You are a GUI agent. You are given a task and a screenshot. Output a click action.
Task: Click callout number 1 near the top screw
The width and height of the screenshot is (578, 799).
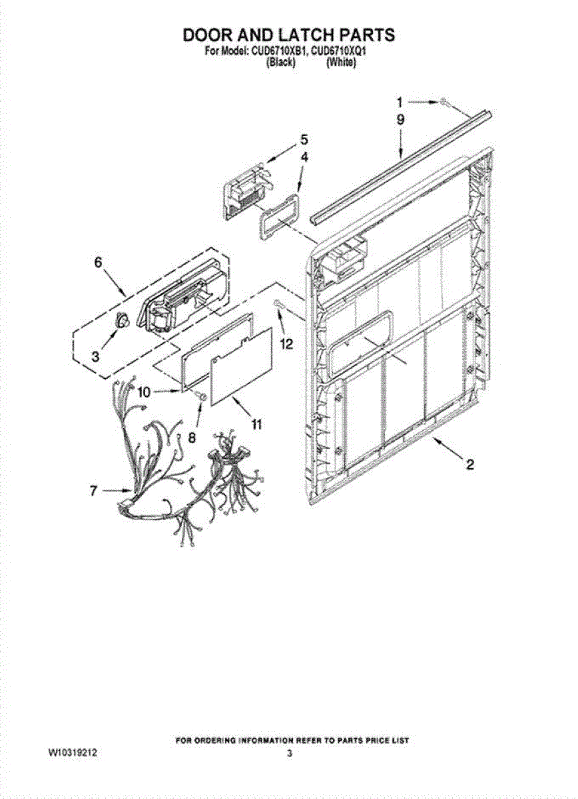point(400,103)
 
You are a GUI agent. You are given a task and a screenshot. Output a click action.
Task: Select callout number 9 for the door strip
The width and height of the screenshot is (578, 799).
point(400,120)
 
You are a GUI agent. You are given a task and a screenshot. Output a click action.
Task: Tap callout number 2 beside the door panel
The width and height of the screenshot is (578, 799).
point(469,465)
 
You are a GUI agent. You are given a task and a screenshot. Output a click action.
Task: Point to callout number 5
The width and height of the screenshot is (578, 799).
point(304,139)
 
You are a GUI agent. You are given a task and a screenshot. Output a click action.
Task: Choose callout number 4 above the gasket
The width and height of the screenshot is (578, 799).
point(304,157)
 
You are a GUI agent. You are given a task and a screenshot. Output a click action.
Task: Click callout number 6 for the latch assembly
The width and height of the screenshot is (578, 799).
point(98,262)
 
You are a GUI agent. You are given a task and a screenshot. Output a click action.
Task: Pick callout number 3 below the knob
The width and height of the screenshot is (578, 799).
point(95,356)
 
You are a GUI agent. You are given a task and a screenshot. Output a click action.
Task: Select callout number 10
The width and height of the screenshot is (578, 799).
point(144,392)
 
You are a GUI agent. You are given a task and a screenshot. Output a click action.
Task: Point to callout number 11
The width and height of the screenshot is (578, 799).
point(256,423)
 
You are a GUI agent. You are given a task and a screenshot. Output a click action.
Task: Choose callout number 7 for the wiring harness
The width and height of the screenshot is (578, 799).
point(94,491)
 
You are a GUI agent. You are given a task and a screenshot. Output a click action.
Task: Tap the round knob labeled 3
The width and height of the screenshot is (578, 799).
point(122,320)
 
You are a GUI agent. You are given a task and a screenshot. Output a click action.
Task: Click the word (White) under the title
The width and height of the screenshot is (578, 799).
point(340,63)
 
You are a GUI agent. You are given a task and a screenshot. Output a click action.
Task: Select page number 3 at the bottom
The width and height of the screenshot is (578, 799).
point(289,754)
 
